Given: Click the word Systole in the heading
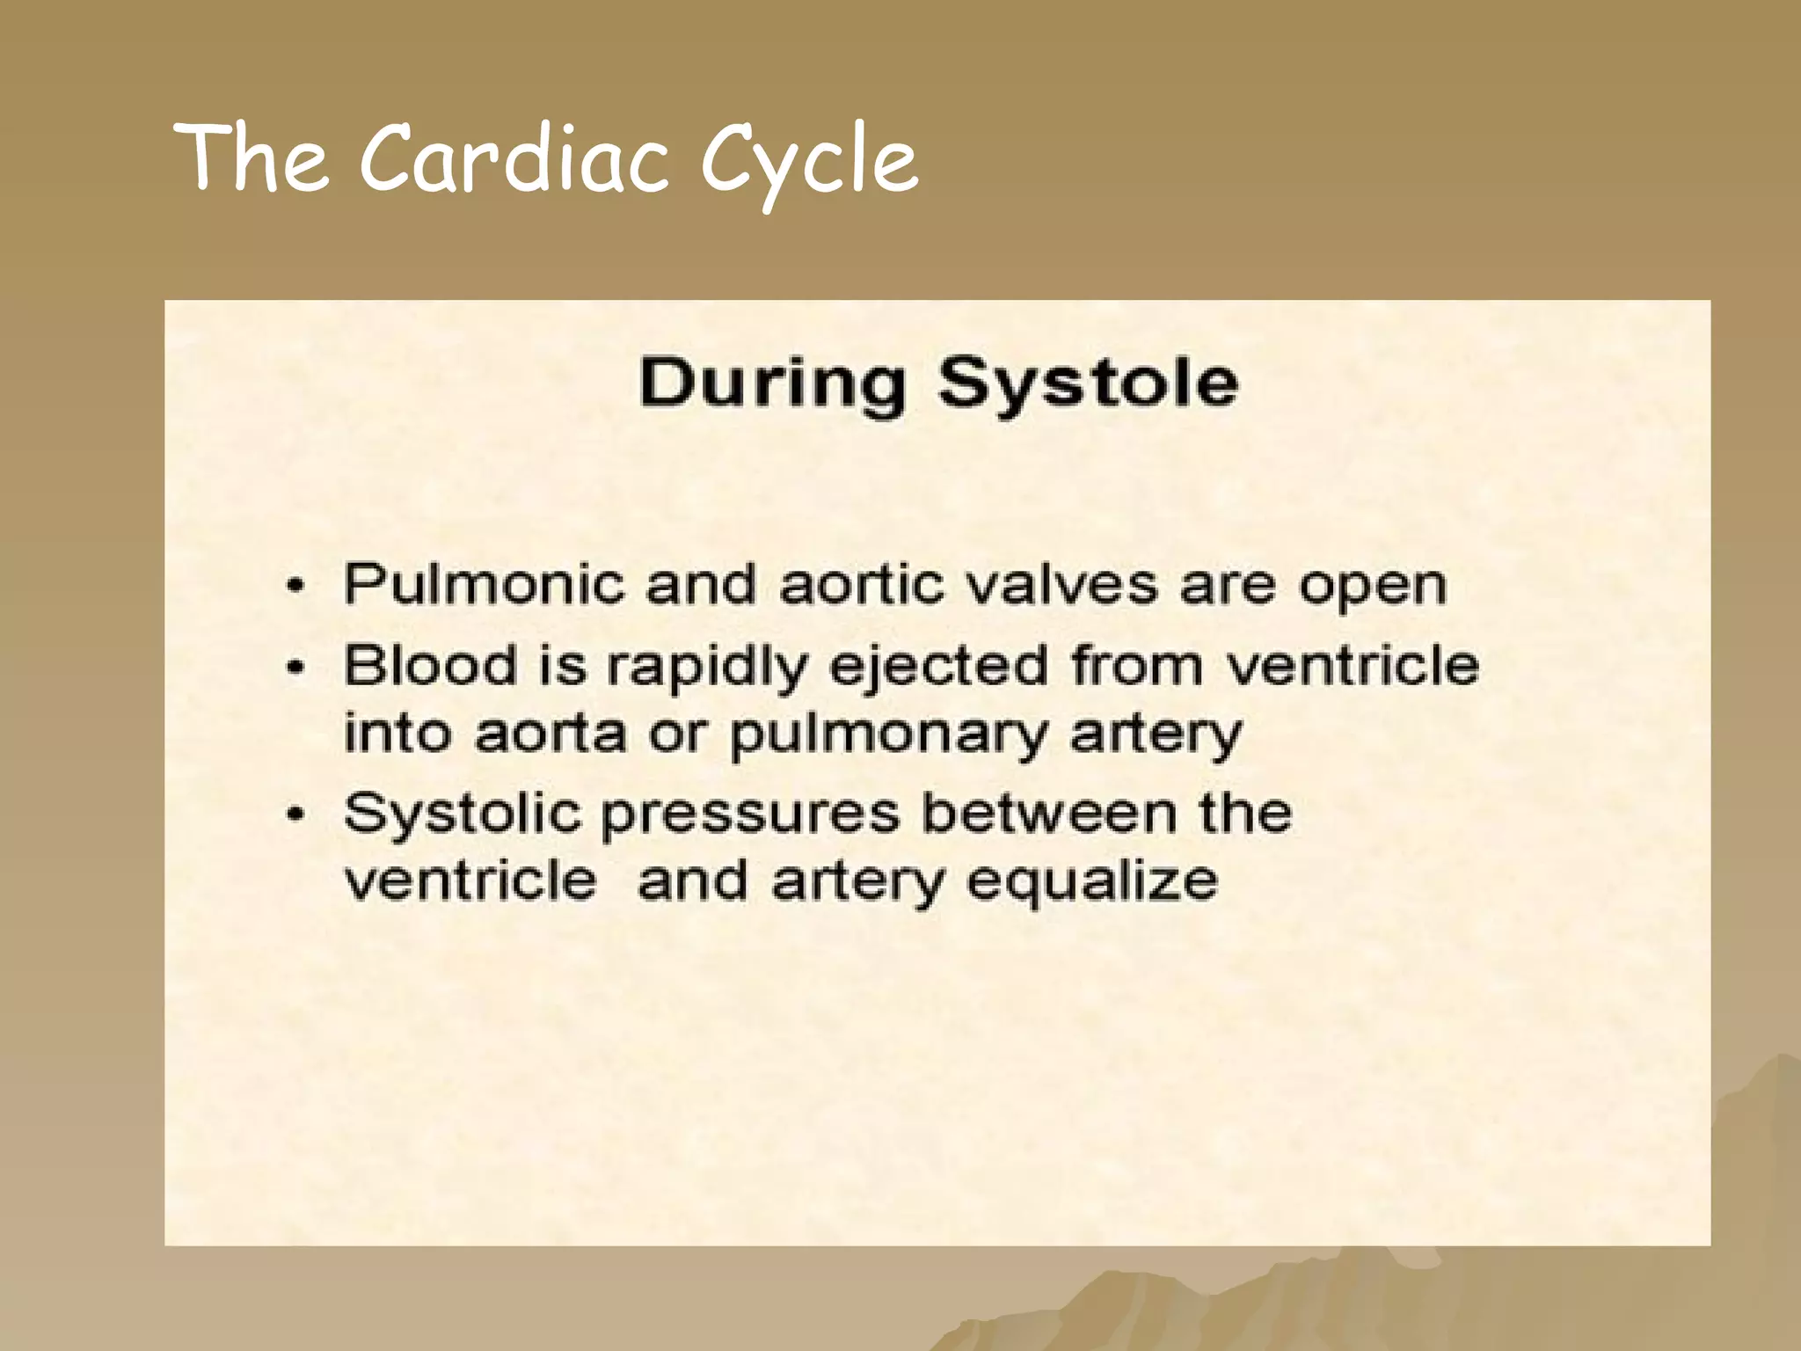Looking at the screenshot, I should pos(1088,384).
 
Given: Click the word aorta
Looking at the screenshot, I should pos(551,734).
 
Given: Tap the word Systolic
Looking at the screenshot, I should pos(463,814).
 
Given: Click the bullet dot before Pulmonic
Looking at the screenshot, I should pos(296,587).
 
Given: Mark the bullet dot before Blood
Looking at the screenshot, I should pos(296,668).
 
